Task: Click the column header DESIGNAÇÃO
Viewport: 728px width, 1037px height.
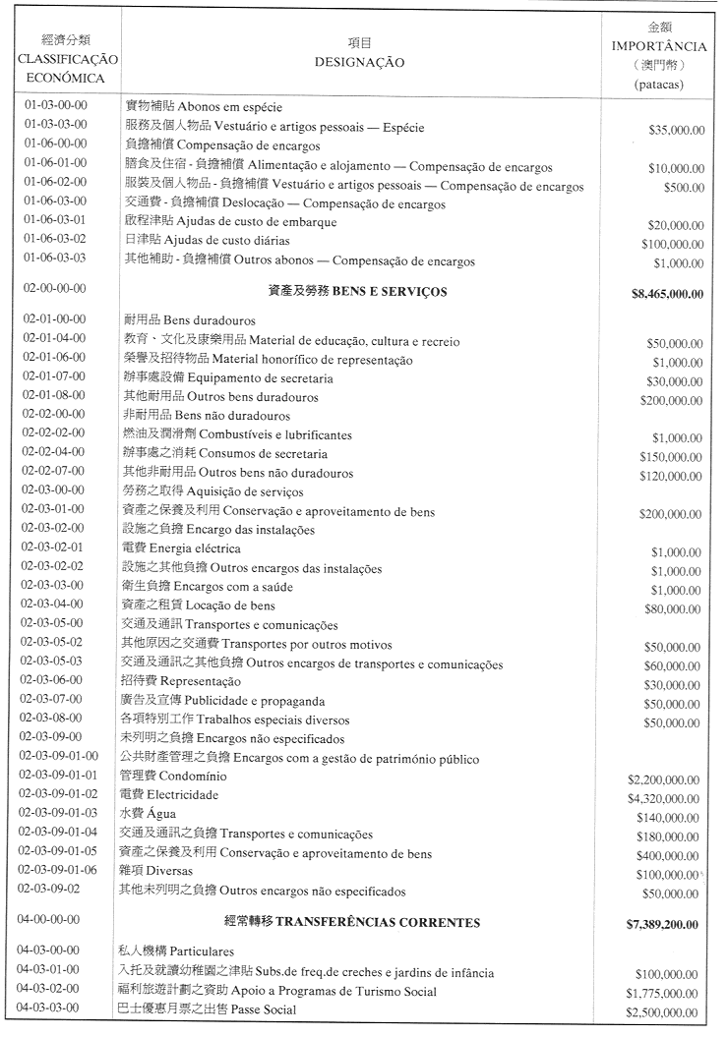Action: click(359, 62)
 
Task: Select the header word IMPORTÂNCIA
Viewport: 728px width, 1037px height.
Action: click(658, 46)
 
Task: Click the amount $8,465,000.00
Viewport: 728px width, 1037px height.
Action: click(667, 293)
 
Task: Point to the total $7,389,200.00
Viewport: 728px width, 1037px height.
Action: click(661, 925)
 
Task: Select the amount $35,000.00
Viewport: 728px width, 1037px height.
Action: click(676, 129)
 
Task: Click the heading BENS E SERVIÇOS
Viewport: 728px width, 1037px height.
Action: click(390, 291)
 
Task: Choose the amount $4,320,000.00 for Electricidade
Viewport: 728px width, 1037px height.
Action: click(664, 798)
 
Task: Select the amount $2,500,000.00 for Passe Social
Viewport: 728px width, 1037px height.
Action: click(664, 1012)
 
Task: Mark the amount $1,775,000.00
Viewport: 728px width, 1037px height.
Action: click(664, 994)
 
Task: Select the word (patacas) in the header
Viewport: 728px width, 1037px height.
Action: click(658, 85)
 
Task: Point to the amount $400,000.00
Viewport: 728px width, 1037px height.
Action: click(670, 855)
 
